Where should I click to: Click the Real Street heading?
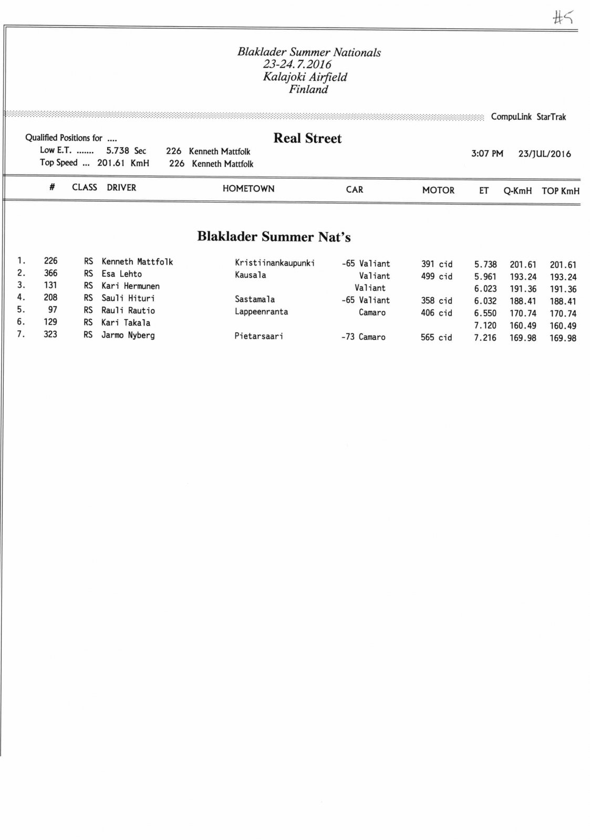(307, 139)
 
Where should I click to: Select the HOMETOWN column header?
(248, 188)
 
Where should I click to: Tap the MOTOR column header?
(438, 190)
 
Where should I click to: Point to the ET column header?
(483, 191)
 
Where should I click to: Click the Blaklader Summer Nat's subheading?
(274, 237)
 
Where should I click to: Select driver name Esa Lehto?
(121, 274)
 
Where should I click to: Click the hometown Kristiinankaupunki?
(274, 263)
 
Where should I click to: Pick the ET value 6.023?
(485, 289)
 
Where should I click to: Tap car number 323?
(50, 334)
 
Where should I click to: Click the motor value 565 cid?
(436, 338)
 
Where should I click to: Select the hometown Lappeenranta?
(261, 312)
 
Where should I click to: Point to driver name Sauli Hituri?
(128, 298)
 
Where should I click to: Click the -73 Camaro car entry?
(363, 337)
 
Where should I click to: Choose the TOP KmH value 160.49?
(563, 326)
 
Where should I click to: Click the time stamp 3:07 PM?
(487, 154)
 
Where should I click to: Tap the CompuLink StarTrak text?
(528, 117)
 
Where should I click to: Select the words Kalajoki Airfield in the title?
(305, 77)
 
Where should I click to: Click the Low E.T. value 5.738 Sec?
(126, 151)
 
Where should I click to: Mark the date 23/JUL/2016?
(544, 154)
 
